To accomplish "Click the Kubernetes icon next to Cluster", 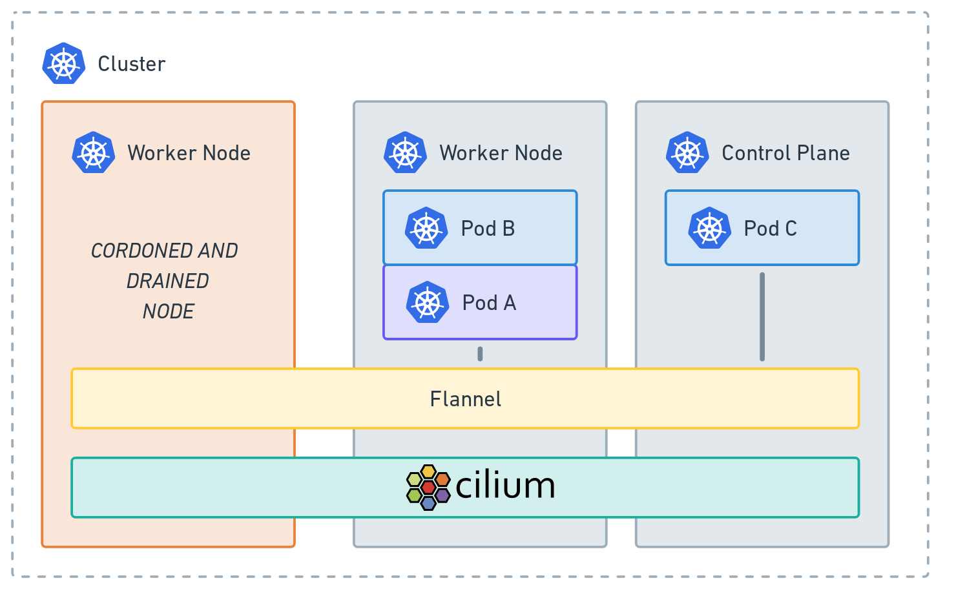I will (x=64, y=64).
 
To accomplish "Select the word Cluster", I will (x=132, y=64).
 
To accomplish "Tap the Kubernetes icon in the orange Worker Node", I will (x=94, y=153).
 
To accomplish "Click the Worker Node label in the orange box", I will (x=189, y=153).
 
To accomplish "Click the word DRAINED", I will (x=168, y=281).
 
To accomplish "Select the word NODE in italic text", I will (x=169, y=311).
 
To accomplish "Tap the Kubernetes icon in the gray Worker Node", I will (x=406, y=153).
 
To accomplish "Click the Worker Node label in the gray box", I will (x=501, y=153).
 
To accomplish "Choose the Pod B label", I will (x=488, y=229).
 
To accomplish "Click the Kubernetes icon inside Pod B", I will (x=426, y=229).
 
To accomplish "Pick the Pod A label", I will (x=489, y=303).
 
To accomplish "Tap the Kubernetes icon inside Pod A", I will (x=428, y=303).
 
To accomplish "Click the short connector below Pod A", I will (x=480, y=354).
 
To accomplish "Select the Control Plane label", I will (x=785, y=153).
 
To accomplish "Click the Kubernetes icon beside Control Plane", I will (x=687, y=153).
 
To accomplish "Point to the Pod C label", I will (x=770, y=229).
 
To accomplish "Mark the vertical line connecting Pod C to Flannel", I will (x=762, y=316).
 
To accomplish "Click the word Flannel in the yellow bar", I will (x=466, y=399).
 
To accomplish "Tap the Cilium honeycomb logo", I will (x=428, y=487).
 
